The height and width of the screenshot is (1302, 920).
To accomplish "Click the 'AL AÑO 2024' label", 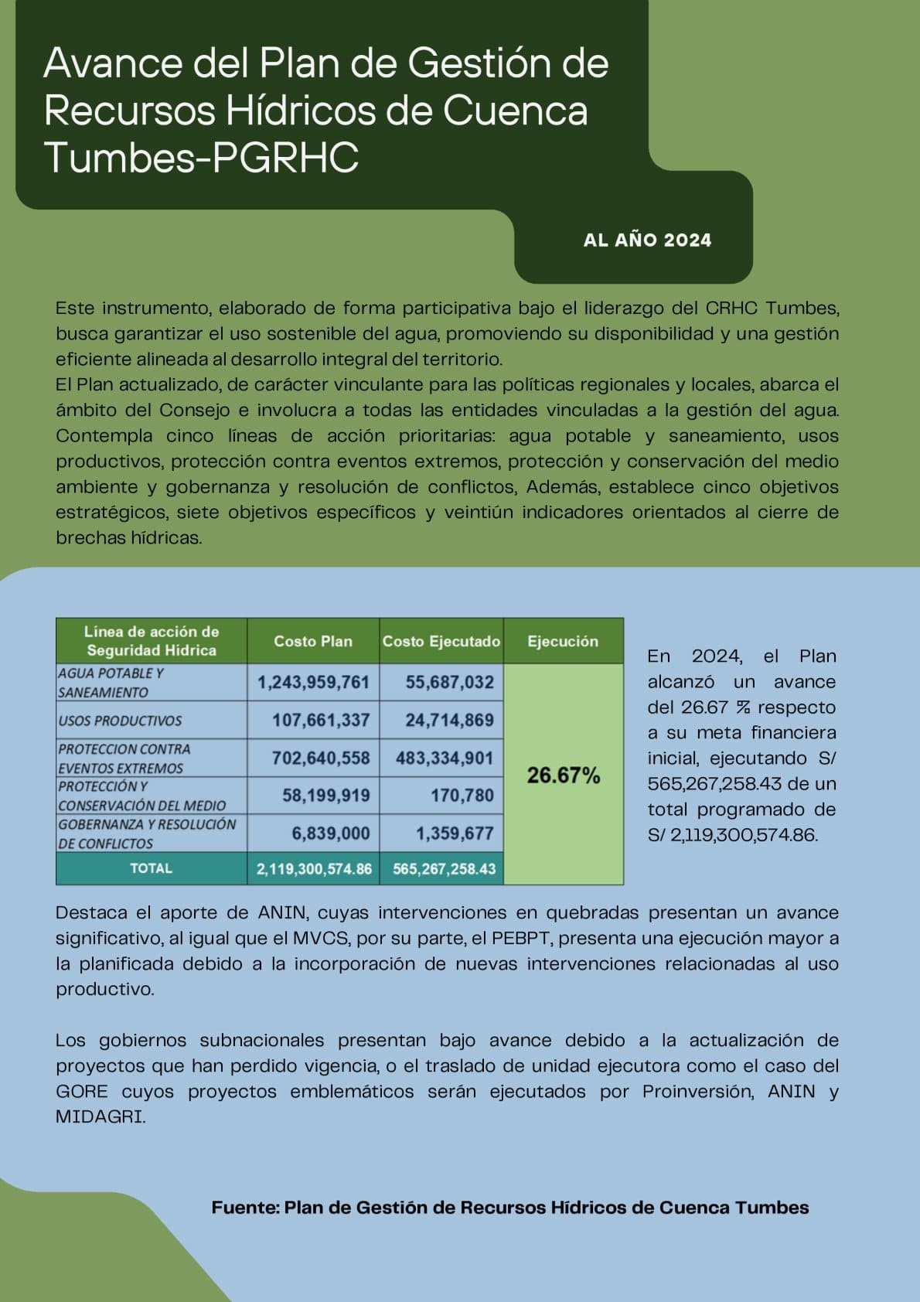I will (x=647, y=240).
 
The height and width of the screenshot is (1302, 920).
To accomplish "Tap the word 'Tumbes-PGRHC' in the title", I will (x=201, y=157).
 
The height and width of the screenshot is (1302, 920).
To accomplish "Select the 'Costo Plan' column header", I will (x=313, y=641).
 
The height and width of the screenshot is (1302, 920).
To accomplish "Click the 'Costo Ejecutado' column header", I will (x=441, y=641).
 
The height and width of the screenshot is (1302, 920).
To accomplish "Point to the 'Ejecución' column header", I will (x=563, y=641).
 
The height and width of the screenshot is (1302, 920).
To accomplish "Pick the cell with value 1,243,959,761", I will (x=313, y=683).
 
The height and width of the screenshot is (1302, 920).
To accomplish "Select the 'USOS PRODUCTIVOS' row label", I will (x=120, y=721).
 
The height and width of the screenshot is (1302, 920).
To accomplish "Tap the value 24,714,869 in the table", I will (x=449, y=721).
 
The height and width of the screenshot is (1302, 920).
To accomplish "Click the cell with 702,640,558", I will (x=320, y=758).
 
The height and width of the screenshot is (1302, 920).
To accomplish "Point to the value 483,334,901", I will (x=445, y=758).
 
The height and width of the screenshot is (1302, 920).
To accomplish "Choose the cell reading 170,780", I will (x=462, y=796).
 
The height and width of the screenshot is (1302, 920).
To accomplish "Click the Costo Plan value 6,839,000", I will (x=330, y=833).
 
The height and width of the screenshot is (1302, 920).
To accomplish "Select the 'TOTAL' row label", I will (x=151, y=868).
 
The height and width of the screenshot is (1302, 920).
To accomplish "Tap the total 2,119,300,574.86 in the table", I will (x=314, y=869).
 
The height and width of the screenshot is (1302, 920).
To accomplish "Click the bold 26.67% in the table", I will (x=564, y=775).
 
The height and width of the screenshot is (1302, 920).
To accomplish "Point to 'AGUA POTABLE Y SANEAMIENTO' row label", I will (x=111, y=683).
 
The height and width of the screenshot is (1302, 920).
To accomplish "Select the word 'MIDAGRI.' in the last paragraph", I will (x=100, y=1117).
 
